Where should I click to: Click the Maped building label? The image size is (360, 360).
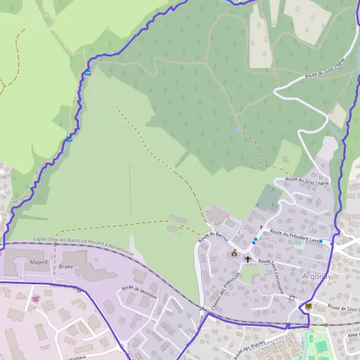[x=38, y=262]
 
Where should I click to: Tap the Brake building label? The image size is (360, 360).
[x=66, y=266]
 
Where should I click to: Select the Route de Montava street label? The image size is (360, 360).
[x=139, y=292]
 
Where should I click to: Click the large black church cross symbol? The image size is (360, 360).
[x=247, y=259]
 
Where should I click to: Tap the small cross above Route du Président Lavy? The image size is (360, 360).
[x=261, y=227]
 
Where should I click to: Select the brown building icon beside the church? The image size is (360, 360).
[x=233, y=254]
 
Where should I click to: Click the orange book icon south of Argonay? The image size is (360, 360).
[x=308, y=306]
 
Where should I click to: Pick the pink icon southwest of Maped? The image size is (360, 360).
[x=35, y=298]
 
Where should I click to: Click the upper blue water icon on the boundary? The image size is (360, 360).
[x=88, y=73]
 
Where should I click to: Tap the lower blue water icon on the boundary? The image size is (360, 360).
[x=69, y=139]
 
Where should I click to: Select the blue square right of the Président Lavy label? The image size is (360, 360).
[x=321, y=241]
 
